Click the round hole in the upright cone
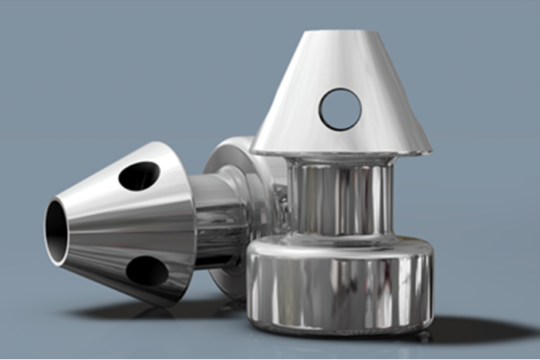point(340,109)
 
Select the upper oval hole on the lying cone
point(139,176)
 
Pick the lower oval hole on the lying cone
point(147,271)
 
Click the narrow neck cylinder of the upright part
point(339,196)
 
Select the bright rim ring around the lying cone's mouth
point(47,231)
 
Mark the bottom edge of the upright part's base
point(339,331)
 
